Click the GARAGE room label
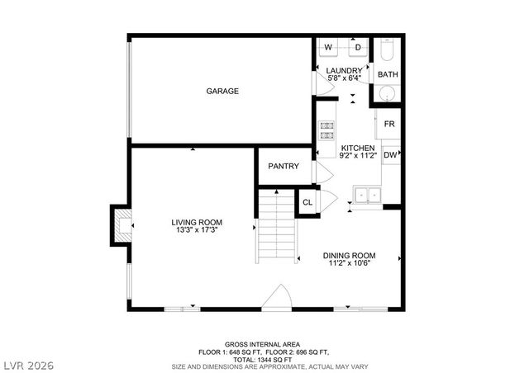(222, 91)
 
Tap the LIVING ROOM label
(197, 222)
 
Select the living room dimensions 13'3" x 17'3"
(197, 230)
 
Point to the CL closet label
(307, 202)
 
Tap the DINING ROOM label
(349, 255)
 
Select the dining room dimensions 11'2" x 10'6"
(349, 263)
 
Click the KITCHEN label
(357, 148)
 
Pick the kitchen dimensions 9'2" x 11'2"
(357, 155)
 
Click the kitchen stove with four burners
(326, 130)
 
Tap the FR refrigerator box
(388, 124)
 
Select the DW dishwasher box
(389, 154)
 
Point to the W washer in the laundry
(327, 47)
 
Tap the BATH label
(388, 74)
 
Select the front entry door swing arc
(281, 297)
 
